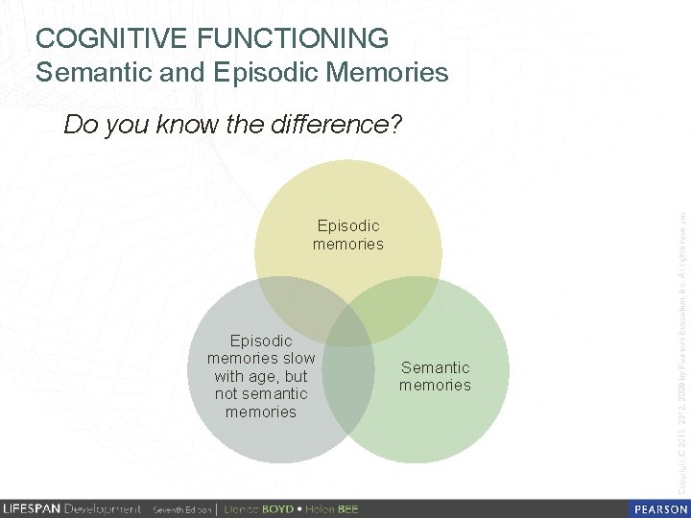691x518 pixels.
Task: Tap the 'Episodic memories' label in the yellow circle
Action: click(347, 235)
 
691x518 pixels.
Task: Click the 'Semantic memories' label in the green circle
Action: click(435, 376)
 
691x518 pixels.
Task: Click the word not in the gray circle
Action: click(226, 394)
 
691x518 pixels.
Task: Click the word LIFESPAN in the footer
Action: click(31, 508)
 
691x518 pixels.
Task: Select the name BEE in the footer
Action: click(346, 508)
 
